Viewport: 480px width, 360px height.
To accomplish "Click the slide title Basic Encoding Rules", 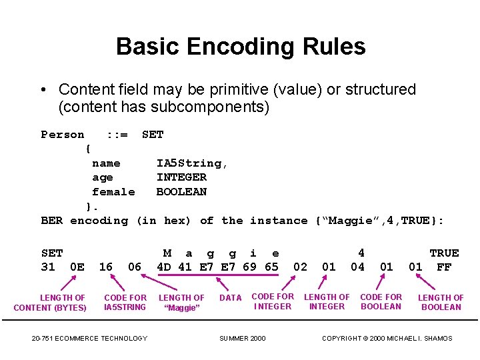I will [x=241, y=47].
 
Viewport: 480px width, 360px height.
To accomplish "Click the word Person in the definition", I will [x=63, y=135].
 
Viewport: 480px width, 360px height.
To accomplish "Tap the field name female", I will [x=113, y=192].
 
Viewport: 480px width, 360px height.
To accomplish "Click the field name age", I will [x=103, y=177].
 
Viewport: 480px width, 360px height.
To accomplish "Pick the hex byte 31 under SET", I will [x=48, y=267].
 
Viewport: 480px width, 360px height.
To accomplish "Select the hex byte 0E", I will [x=77, y=267].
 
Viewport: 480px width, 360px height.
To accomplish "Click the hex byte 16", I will [x=105, y=267].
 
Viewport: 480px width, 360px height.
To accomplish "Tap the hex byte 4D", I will [x=164, y=267].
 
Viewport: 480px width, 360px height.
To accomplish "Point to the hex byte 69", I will [x=249, y=267].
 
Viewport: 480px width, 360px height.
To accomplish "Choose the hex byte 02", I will [x=301, y=267].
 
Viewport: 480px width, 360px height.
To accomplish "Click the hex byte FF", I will [x=444, y=267].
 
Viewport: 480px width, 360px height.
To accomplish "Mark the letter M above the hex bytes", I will [x=167, y=253].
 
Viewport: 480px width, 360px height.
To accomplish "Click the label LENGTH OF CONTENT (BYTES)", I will [x=50, y=303].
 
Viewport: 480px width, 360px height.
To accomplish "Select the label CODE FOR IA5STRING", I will [x=125, y=303].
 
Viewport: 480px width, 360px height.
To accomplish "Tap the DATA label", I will [x=231, y=298].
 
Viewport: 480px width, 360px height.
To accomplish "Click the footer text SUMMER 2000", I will [x=243, y=339].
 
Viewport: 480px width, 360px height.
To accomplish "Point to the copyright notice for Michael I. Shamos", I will [x=387, y=339].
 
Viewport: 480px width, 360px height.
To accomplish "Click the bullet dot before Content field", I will [x=43, y=90].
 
